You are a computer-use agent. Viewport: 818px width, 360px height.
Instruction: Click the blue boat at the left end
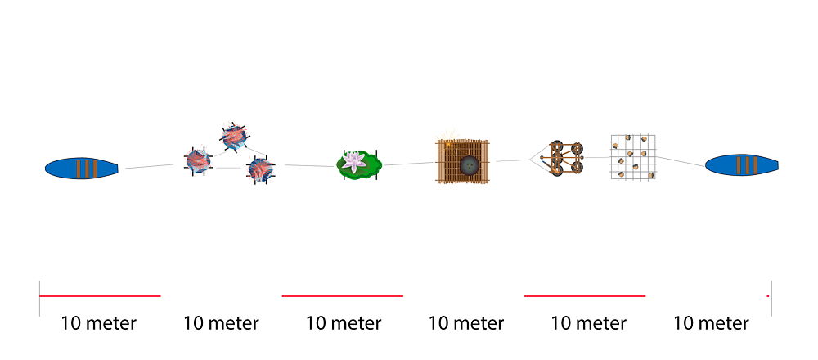(81, 168)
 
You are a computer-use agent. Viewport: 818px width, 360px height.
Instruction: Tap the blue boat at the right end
(742, 165)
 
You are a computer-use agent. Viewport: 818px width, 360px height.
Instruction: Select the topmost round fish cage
(234, 137)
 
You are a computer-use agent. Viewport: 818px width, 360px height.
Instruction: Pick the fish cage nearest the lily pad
(260, 169)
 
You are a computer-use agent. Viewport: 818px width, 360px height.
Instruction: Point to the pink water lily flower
(353, 162)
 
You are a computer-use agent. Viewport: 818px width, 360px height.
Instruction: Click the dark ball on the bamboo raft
(469, 166)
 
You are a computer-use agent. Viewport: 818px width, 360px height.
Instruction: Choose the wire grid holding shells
(633, 158)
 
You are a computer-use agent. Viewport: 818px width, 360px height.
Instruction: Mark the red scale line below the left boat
(100, 296)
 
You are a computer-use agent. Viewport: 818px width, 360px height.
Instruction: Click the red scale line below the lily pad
(342, 296)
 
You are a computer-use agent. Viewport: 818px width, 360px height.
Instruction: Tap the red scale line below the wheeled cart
(585, 296)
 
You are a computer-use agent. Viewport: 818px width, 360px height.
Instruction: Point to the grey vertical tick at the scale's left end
(39, 299)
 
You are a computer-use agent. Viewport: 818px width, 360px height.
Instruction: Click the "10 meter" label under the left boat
(99, 323)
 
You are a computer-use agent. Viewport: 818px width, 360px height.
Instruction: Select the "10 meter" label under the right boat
(711, 323)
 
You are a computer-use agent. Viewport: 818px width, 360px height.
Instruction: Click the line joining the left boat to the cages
(150, 166)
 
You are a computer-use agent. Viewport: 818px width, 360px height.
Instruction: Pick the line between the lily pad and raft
(409, 164)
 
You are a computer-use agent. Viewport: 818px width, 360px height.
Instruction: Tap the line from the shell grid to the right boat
(681, 161)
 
